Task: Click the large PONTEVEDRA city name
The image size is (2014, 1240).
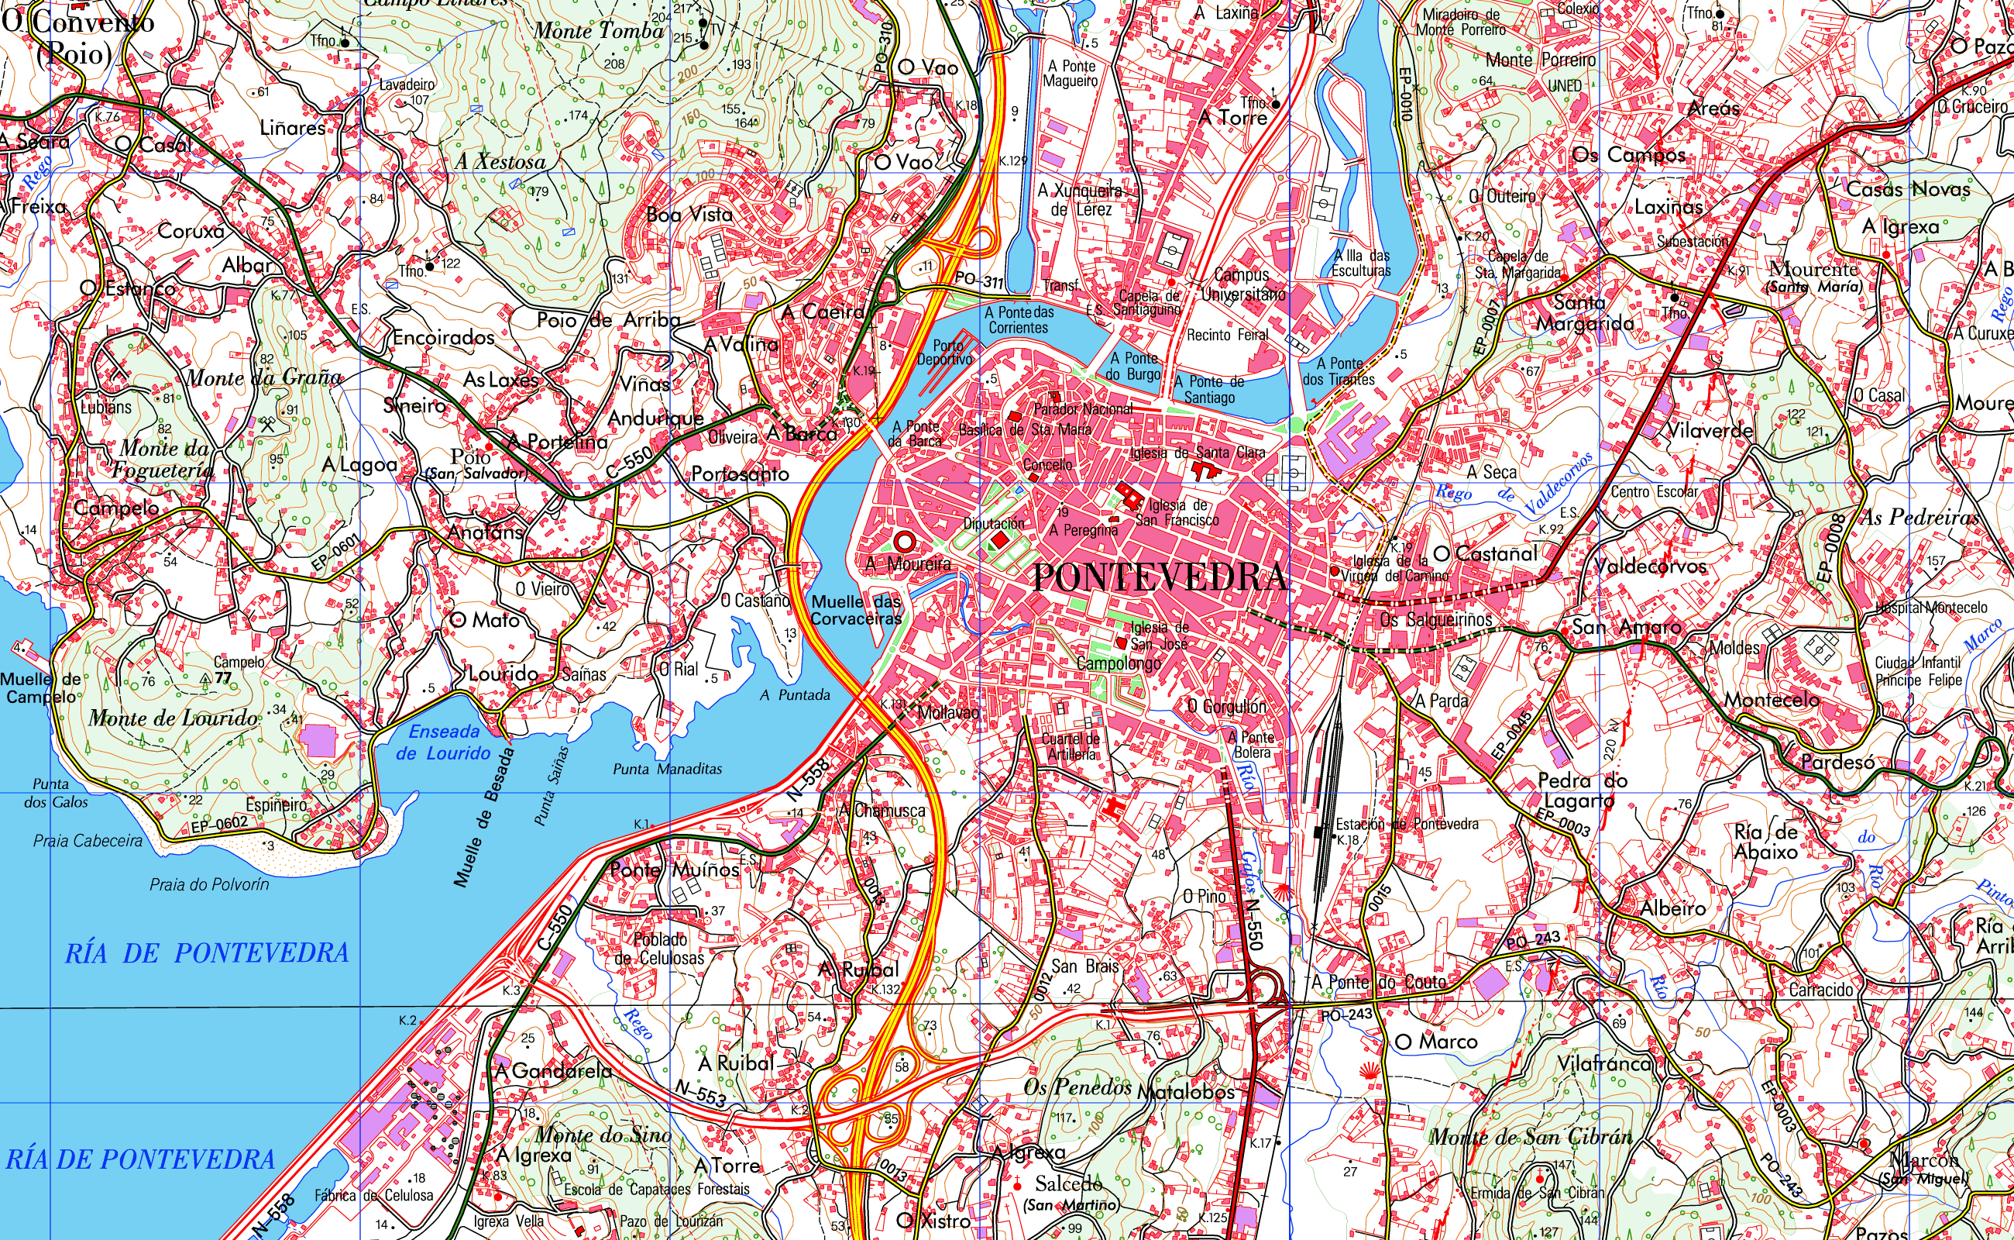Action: [x=1159, y=577]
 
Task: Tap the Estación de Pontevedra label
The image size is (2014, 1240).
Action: [x=1407, y=824]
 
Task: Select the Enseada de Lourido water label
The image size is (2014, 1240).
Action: [x=443, y=742]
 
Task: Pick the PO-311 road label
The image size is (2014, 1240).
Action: [x=978, y=281]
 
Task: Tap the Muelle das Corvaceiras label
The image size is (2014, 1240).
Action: [x=856, y=610]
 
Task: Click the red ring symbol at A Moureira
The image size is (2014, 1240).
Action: [x=904, y=541]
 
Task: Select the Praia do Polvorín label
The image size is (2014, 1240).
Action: [x=209, y=884]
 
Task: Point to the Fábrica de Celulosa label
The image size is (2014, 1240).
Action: [x=374, y=1195]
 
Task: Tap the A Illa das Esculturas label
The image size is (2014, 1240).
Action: [x=1361, y=263]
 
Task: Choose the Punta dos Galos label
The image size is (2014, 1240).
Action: [x=55, y=793]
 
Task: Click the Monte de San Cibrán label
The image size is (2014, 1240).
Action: [x=1531, y=1137]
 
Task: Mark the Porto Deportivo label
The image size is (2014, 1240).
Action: [x=944, y=353]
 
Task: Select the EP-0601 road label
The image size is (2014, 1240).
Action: [x=335, y=553]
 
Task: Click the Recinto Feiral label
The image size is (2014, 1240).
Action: [x=1227, y=335]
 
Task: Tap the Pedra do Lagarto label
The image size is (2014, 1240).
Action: [x=1581, y=790]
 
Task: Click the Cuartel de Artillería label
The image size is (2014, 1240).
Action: [x=1071, y=746]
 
